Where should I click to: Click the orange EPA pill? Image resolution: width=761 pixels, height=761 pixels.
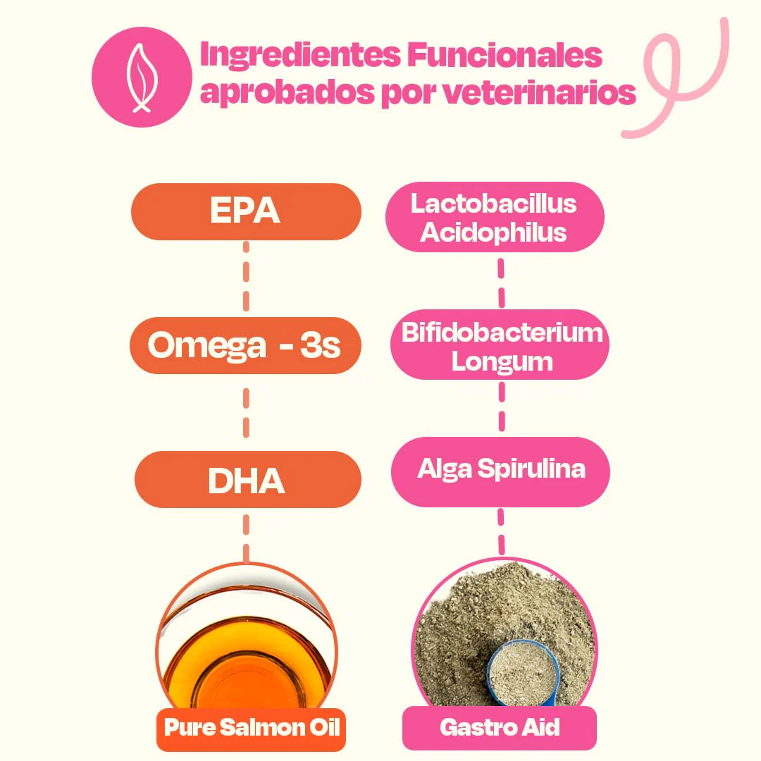tap(246, 212)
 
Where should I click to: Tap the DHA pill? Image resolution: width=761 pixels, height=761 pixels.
tap(247, 480)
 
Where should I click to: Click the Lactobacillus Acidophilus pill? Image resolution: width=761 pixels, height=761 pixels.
tap(495, 217)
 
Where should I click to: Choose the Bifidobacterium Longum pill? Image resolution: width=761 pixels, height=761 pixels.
tap(500, 345)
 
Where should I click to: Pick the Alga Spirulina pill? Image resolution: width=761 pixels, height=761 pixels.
tap(500, 471)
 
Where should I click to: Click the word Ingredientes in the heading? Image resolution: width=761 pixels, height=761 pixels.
tap(299, 56)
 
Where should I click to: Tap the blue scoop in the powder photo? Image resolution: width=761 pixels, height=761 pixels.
tap(522, 669)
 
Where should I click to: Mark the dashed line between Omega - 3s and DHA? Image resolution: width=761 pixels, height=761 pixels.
tap(246, 412)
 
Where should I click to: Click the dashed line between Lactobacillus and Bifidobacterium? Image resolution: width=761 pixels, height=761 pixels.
tap(501, 282)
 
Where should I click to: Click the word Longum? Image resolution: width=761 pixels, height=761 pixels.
tap(502, 361)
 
